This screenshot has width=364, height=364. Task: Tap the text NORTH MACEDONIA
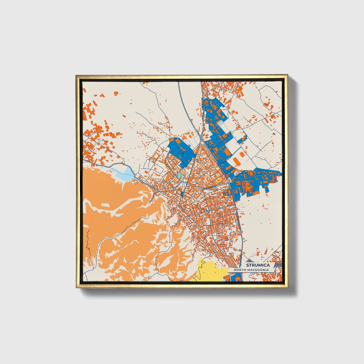pos(251,270)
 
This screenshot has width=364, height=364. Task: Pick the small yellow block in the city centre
pos(218,180)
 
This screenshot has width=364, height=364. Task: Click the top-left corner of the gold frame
pos(76,75)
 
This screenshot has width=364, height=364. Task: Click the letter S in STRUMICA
pos(248,265)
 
